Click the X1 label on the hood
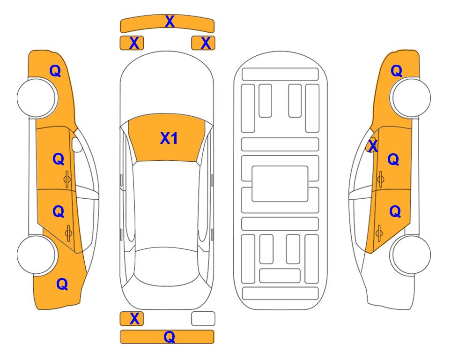(169, 138)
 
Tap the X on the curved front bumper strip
(170, 22)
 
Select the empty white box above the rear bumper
(203, 319)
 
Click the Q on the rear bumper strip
(170, 337)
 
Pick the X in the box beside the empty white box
(134, 319)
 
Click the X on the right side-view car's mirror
(373, 145)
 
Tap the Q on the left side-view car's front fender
(55, 71)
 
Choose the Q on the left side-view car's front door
(59, 159)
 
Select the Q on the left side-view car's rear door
(59, 211)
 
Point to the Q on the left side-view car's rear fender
(62, 284)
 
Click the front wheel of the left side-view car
(37, 98)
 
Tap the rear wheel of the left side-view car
(37, 255)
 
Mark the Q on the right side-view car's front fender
(396, 71)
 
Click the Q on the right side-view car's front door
(393, 159)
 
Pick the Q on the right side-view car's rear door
(395, 211)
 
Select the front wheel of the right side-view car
(411, 98)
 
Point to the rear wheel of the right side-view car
(411, 255)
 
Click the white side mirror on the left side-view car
(77, 145)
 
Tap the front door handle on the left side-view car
(67, 180)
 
